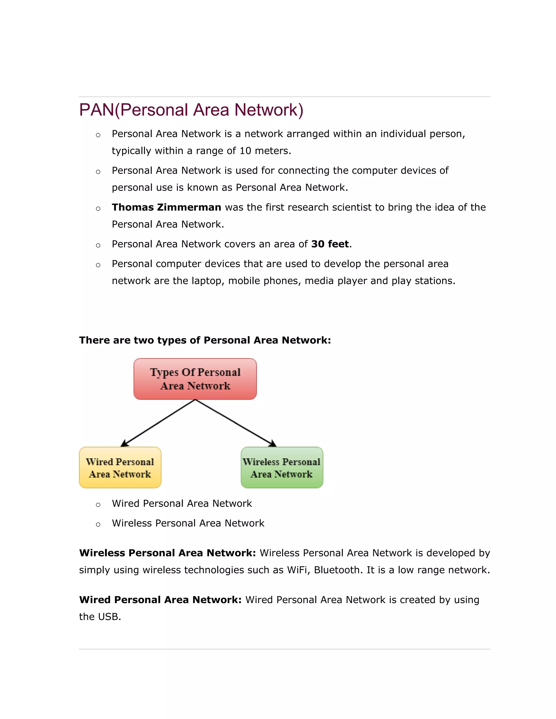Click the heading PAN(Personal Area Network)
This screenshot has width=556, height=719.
(191, 110)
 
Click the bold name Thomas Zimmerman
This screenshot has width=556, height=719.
(166, 207)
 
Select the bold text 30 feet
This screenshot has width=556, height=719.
(330, 244)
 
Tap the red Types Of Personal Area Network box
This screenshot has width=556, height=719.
(195, 379)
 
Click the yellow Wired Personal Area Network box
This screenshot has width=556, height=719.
(120, 467)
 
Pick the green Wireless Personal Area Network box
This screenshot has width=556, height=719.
(282, 467)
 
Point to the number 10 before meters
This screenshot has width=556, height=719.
(245, 151)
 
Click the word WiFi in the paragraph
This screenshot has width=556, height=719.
(298, 570)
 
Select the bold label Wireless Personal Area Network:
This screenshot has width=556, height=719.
(167, 553)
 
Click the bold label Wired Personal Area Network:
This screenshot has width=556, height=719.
(160, 600)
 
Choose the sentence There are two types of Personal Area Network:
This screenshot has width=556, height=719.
(205, 340)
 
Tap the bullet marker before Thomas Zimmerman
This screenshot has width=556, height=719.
(98, 208)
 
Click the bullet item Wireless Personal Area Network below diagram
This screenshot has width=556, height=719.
(188, 523)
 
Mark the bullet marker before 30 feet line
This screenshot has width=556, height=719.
(98, 245)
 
